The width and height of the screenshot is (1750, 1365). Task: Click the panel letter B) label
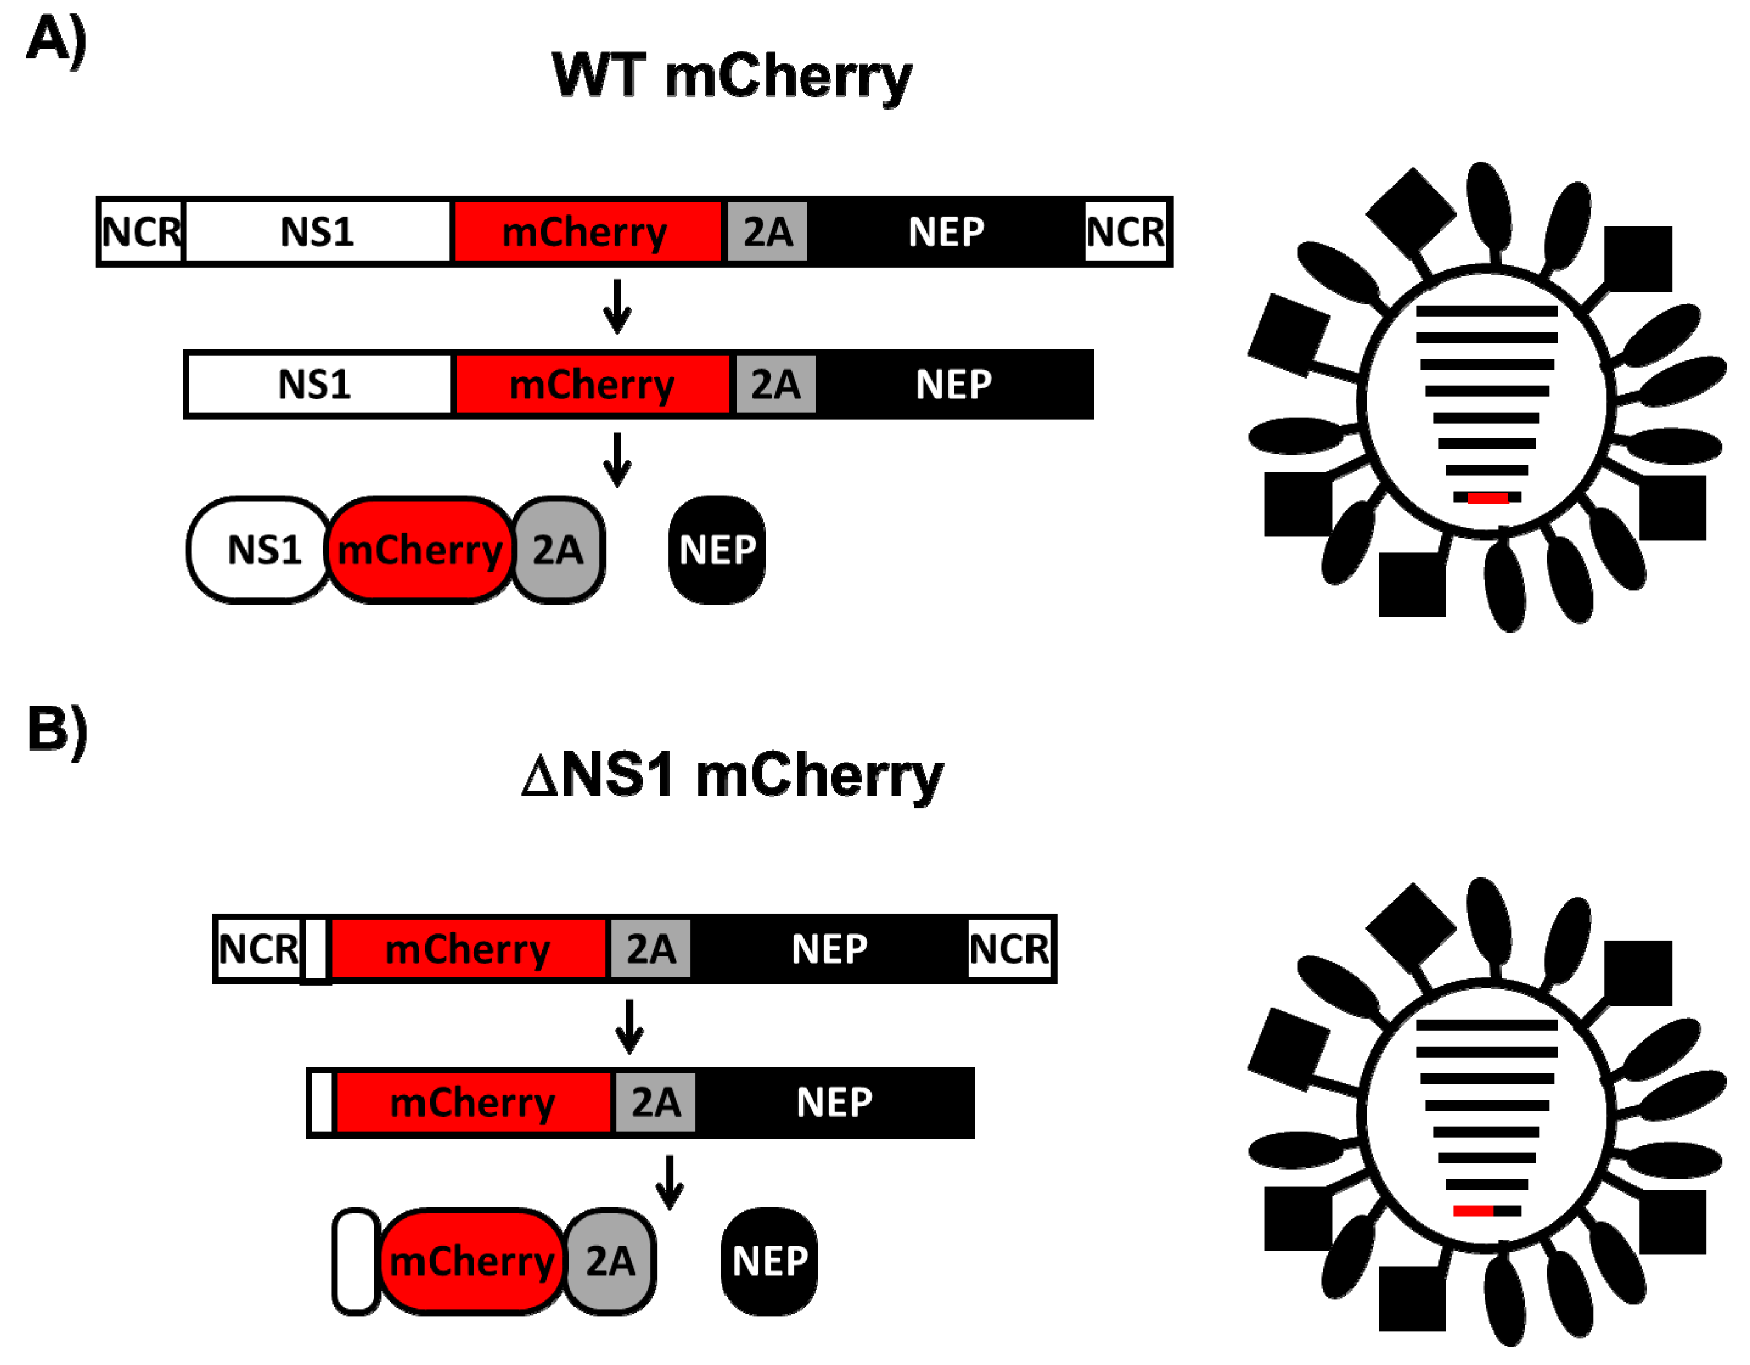pos(58,731)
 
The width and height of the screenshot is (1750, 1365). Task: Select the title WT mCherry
pos(732,76)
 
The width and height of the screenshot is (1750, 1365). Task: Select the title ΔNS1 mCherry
pos(732,776)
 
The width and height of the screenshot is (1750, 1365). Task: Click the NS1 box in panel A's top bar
pos(317,231)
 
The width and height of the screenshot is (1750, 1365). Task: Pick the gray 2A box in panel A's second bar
pos(775,385)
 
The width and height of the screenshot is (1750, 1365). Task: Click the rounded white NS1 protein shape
pos(261,550)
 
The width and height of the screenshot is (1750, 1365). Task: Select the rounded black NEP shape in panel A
pos(717,550)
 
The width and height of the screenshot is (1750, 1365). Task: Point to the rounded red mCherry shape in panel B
pos(471,1261)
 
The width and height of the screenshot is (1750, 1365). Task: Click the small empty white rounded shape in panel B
pos(355,1261)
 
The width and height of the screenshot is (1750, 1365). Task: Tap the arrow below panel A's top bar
pos(617,306)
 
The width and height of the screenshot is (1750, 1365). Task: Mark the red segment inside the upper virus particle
pos(1487,499)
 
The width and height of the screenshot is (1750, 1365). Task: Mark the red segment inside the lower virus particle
pos(1473,1211)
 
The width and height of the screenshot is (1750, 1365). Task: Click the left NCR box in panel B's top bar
pos(258,949)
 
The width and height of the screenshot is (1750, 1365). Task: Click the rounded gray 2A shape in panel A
pos(559,550)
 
